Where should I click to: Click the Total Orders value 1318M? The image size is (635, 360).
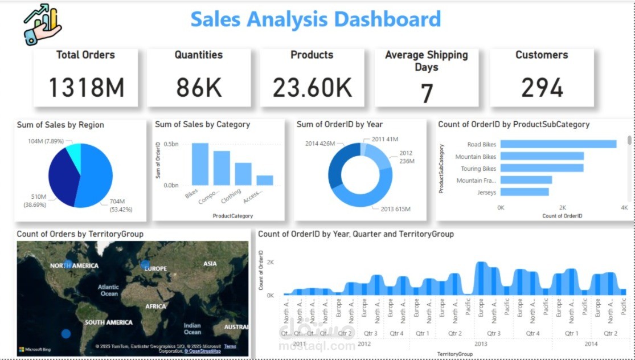(85, 87)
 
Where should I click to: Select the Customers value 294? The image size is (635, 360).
(542, 87)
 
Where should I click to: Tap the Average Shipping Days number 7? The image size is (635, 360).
(427, 93)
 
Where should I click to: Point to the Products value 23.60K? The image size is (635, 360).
(312, 87)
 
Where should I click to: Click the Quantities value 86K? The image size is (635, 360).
(199, 87)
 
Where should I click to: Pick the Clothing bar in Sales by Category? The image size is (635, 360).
(243, 174)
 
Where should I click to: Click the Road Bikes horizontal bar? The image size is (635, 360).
(558, 144)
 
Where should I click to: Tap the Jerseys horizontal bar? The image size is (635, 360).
(525, 192)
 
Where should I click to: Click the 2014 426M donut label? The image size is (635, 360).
(319, 144)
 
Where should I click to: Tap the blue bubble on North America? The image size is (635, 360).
(68, 264)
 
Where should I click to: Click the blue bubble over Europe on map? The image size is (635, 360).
(145, 264)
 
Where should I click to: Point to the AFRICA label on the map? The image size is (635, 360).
(155, 306)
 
